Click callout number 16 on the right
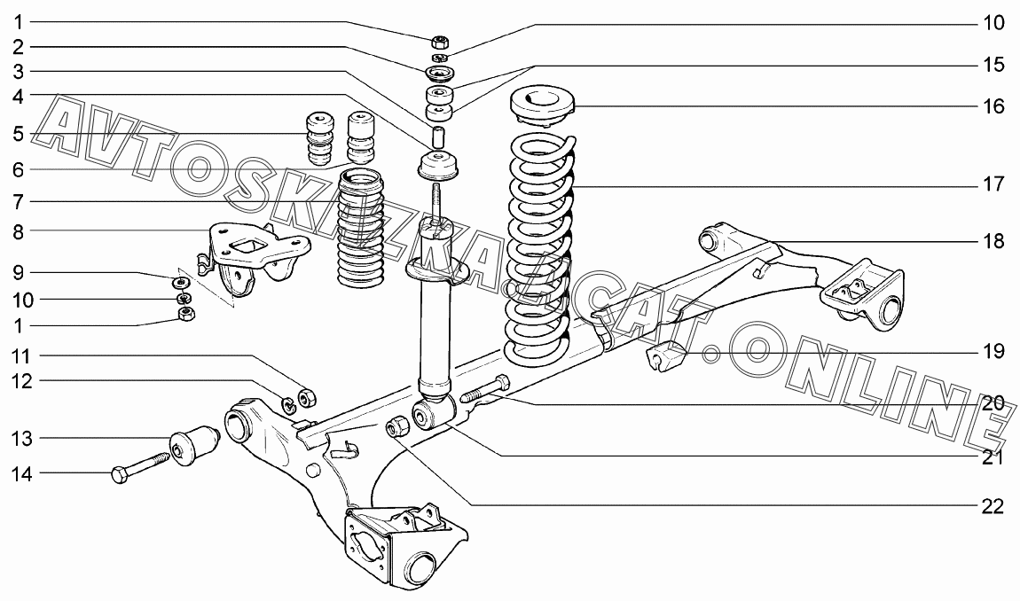pyautogui.click(x=993, y=106)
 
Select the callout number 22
pyautogui.click(x=993, y=506)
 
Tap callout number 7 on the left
pyautogui.click(x=19, y=201)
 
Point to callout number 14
pyautogui.click(x=22, y=474)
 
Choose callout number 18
pyautogui.click(x=993, y=241)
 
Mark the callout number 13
pyautogui.click(x=22, y=438)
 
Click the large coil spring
pyautogui.click(x=538, y=248)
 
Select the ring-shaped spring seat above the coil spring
pyautogui.click(x=542, y=105)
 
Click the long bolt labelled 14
pyautogui.click(x=142, y=467)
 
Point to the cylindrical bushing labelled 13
pyautogui.click(x=195, y=442)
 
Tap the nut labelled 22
pyautogui.click(x=398, y=425)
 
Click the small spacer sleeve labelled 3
pyautogui.click(x=438, y=137)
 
